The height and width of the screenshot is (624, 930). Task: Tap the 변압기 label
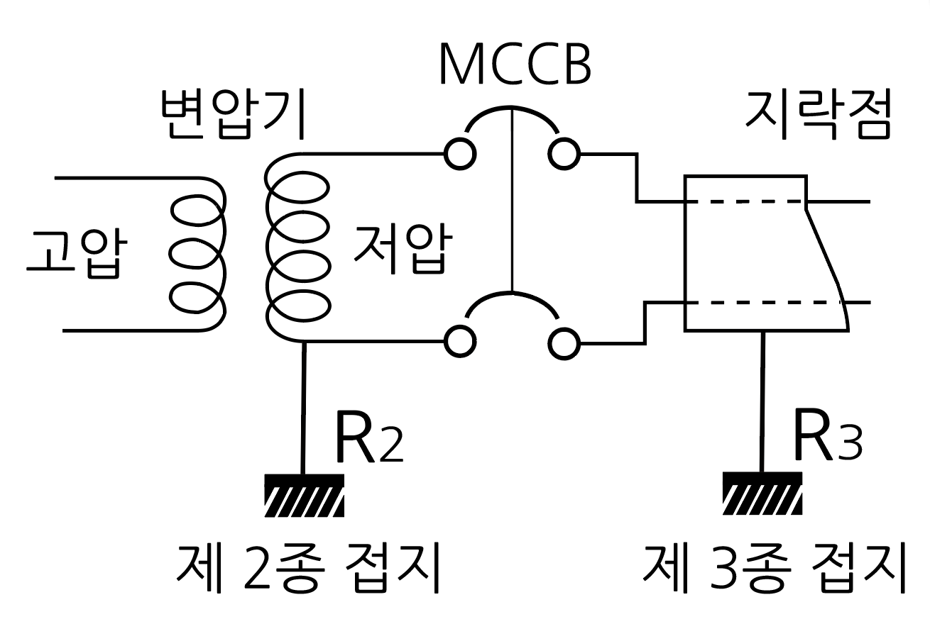(232, 116)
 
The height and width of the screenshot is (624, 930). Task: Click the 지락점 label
(816, 116)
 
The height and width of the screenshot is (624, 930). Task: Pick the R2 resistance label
(368, 438)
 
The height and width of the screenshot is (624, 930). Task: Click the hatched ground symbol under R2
(304, 494)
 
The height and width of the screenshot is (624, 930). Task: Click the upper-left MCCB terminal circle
(460, 154)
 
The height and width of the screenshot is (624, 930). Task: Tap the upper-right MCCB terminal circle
(563, 154)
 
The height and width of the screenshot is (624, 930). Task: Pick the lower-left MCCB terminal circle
(460, 343)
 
